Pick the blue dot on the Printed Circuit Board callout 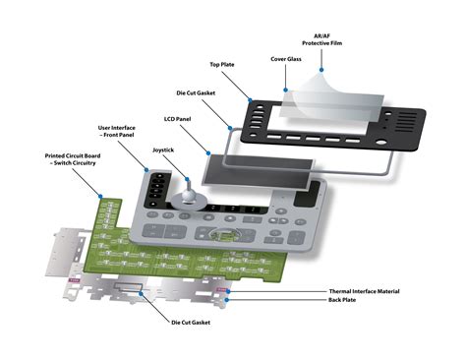(102, 193)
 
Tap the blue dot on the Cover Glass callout (285, 89)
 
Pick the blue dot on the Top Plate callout (252, 98)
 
